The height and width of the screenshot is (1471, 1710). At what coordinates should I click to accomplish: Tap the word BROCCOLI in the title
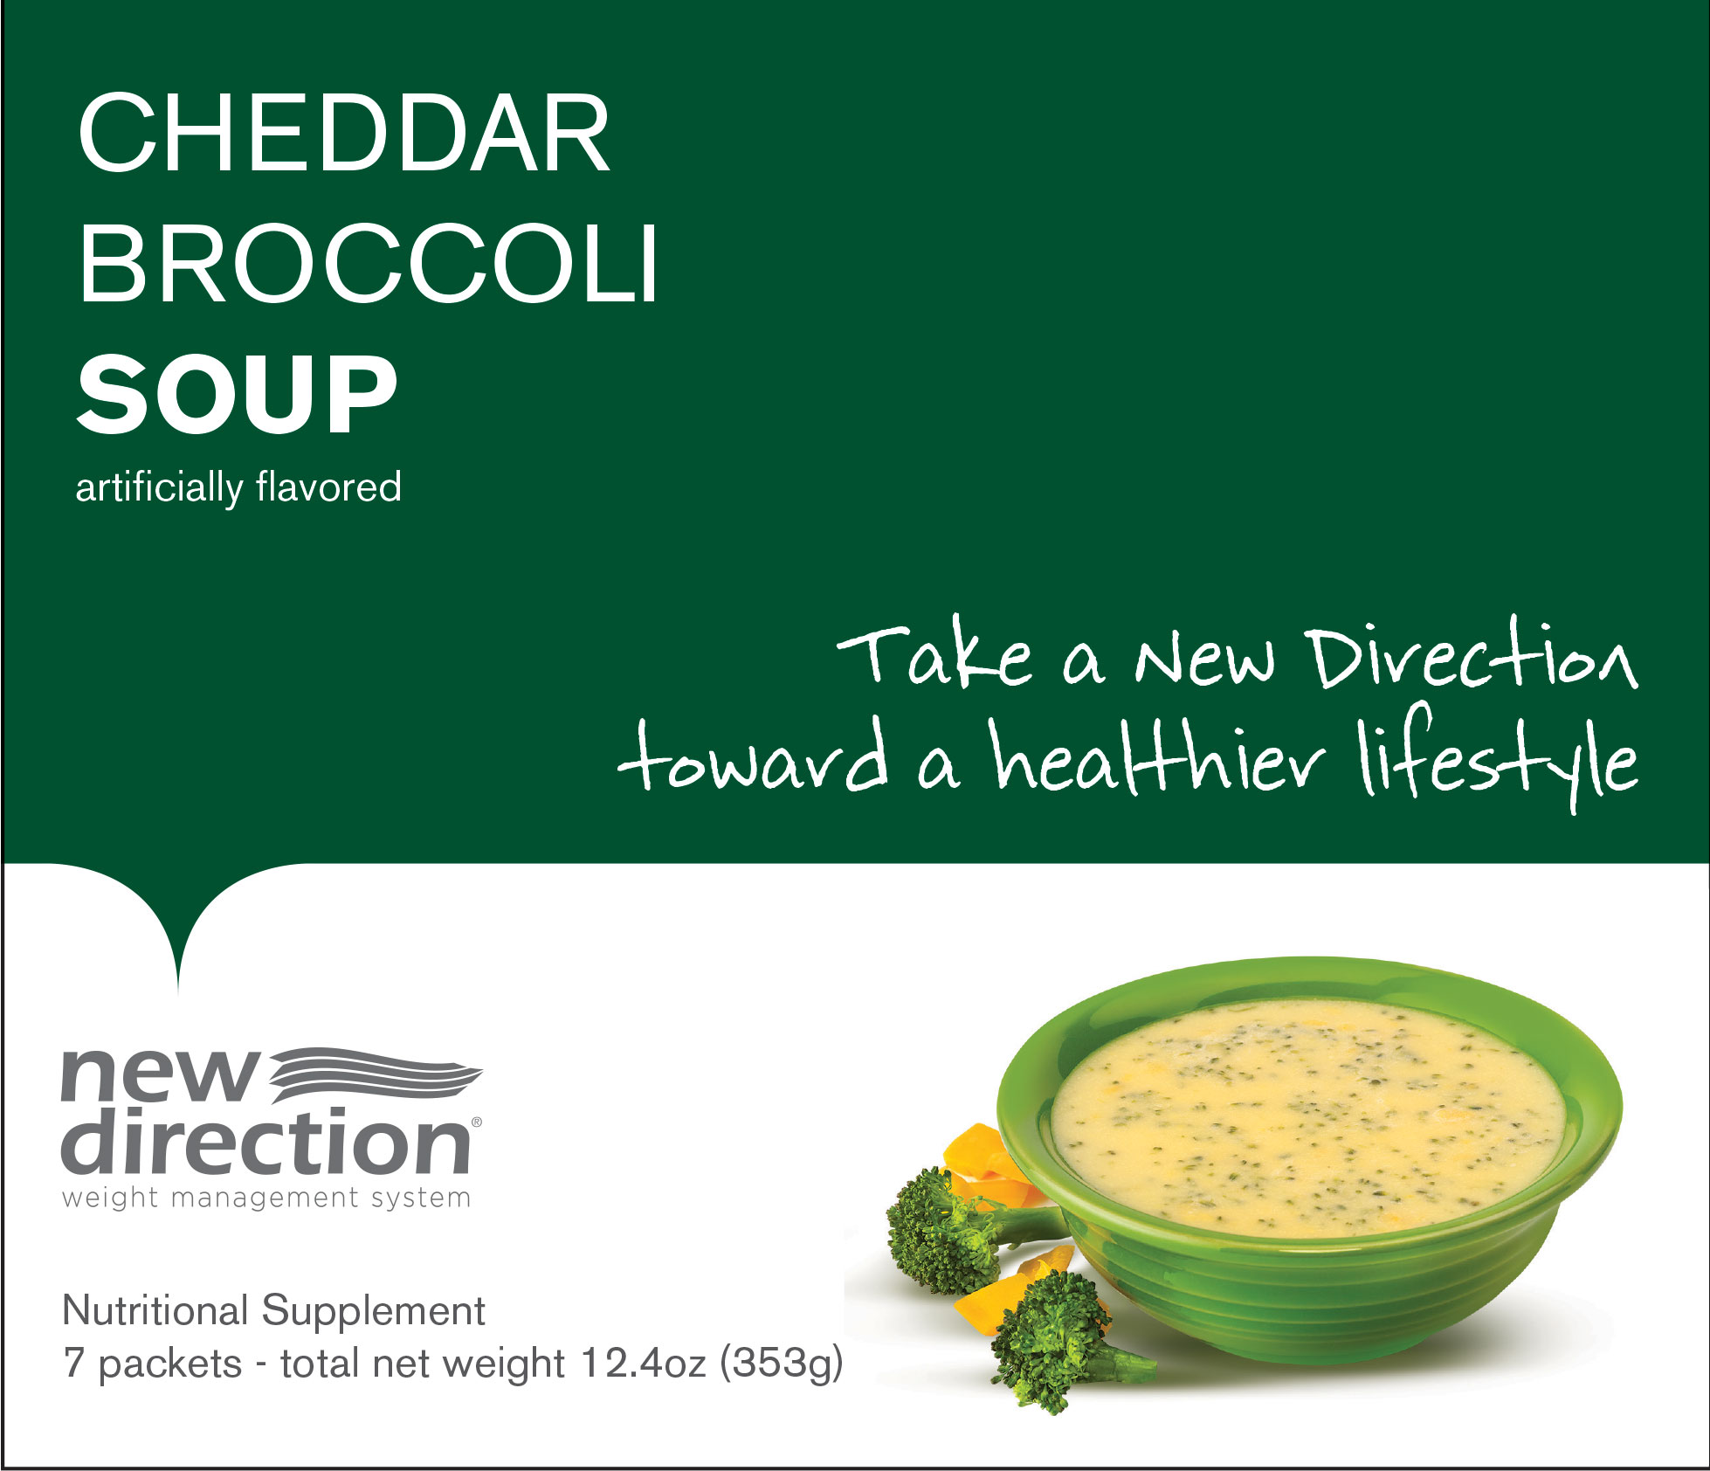click(x=368, y=264)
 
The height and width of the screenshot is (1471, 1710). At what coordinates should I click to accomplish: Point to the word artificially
click(x=160, y=487)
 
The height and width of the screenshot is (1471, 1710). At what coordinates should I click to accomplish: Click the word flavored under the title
click(x=329, y=487)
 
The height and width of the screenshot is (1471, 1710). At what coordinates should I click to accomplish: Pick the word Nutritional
click(x=156, y=1311)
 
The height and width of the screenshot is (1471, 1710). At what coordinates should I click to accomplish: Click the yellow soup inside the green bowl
click(x=1307, y=1118)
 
